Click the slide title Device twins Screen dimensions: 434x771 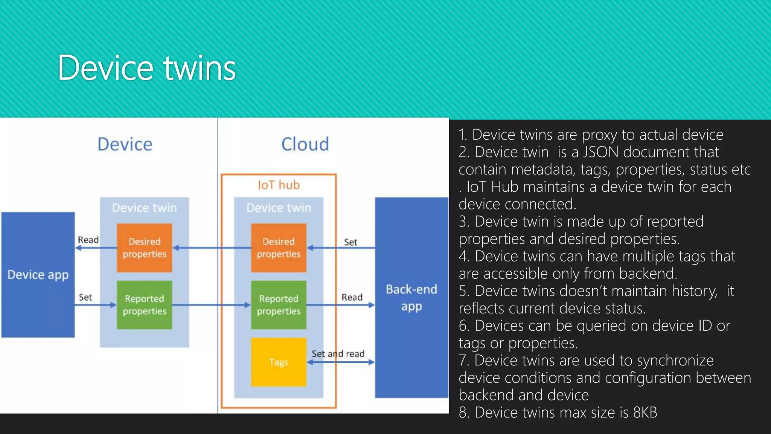tap(147, 68)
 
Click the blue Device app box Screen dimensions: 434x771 tap(38, 275)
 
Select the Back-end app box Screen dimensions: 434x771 tap(411, 297)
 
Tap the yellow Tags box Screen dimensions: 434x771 tap(279, 362)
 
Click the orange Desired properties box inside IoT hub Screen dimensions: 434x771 tap(279, 248)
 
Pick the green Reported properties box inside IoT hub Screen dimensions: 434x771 tap(279, 305)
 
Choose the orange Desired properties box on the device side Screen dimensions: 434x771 tap(145, 248)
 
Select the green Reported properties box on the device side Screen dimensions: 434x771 tap(145, 305)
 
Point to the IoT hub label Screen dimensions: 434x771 tap(279, 185)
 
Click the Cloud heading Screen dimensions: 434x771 tap(305, 144)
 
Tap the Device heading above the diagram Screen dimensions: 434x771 tap(125, 144)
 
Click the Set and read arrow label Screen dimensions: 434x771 tap(338, 354)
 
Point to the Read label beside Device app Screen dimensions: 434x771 tap(88, 240)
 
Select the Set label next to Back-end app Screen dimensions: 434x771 tap(350, 242)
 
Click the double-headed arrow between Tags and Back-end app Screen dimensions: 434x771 tap(341, 362)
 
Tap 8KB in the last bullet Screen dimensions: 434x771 tap(645, 413)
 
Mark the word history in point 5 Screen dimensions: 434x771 tap(694, 291)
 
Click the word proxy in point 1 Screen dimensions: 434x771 tap(599, 135)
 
